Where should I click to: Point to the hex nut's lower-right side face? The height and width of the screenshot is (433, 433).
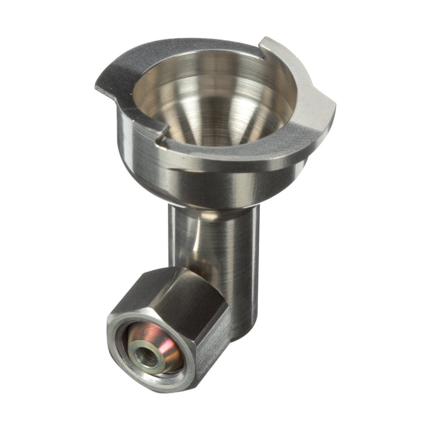coord(213,355)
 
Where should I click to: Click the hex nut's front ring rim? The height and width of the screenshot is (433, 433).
coord(120,361)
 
